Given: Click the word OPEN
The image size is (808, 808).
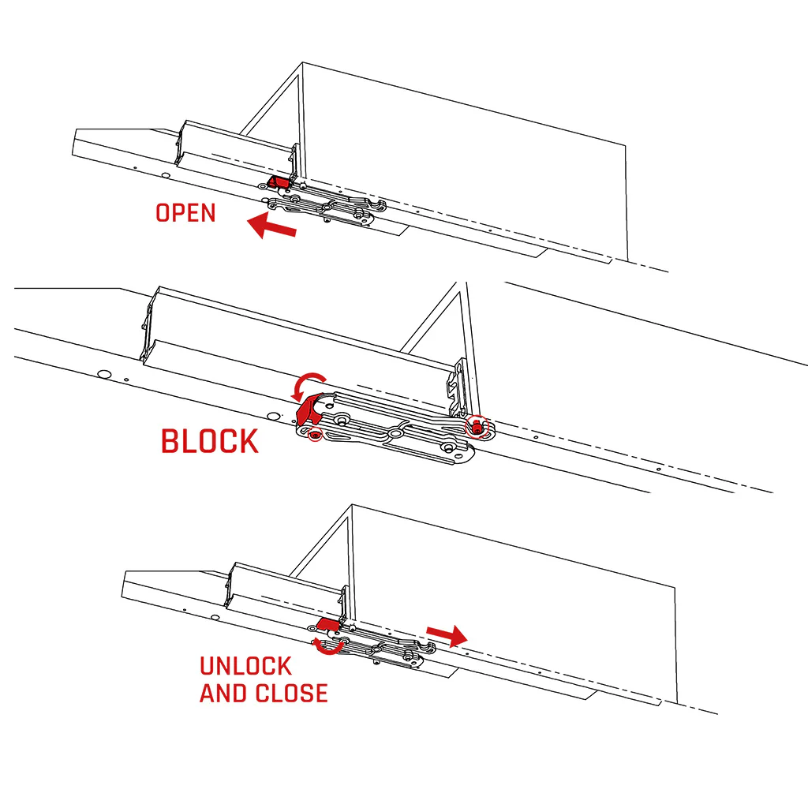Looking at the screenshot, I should click(x=185, y=213).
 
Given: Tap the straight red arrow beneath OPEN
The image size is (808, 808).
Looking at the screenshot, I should click(x=271, y=227).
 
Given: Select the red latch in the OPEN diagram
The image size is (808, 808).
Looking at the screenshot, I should click(x=277, y=182).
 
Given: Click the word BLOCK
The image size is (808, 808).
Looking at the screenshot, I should click(x=209, y=441).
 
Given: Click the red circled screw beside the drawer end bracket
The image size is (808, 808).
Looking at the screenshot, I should click(x=477, y=428).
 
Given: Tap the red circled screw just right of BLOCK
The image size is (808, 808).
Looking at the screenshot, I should click(x=314, y=435).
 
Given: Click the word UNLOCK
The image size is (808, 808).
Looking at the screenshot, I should click(x=245, y=666).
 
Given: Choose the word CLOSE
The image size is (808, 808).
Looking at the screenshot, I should click(x=292, y=694).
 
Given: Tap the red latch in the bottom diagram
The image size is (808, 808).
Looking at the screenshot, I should click(x=328, y=626).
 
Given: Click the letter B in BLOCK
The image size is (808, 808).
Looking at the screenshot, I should click(x=171, y=441).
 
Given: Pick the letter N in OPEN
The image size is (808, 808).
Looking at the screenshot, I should click(x=207, y=213).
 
